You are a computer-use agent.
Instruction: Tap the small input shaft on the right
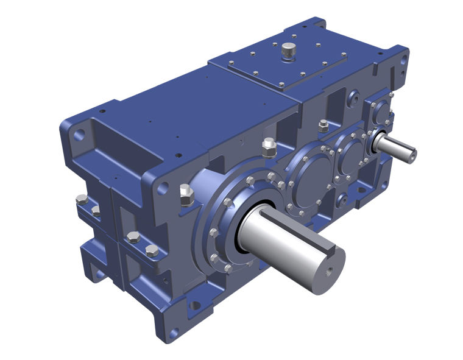[396, 146]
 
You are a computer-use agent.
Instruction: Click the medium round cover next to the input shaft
[350, 156]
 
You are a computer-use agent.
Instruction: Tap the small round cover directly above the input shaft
[381, 112]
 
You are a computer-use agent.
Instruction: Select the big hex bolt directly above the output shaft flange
[269, 147]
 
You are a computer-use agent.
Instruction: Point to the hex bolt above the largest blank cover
[323, 126]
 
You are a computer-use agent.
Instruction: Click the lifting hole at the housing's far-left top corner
[77, 135]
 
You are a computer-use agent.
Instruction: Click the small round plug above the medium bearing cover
[352, 96]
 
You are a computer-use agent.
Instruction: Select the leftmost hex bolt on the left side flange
[82, 199]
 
